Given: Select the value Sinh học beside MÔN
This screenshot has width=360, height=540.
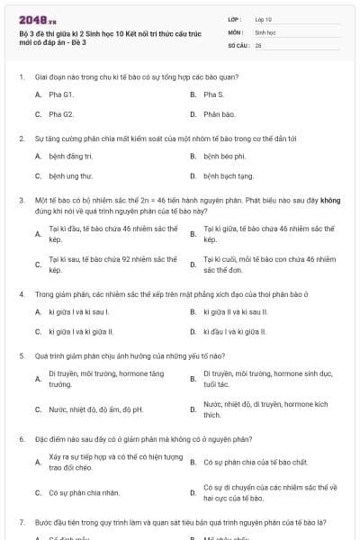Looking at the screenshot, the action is pyautogui.click(x=265, y=31).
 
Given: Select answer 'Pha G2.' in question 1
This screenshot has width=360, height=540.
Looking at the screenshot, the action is pyautogui.click(x=61, y=114).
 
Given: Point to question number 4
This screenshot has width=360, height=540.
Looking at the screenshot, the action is pyautogui.click(x=21, y=293).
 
